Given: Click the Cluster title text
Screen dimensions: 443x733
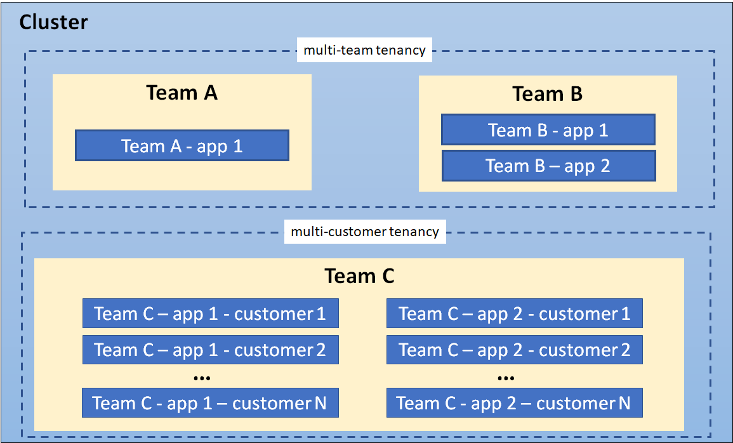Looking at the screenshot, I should point(53,23).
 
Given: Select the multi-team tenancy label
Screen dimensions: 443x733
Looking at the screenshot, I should point(364,50).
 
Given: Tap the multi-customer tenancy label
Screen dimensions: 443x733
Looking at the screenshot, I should point(364,232).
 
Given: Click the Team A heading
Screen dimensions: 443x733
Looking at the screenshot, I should point(182,93).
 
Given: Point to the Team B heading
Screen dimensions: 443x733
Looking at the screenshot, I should point(547,95).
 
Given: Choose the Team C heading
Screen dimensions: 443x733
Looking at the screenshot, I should point(359,276).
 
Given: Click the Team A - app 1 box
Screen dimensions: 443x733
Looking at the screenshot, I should point(182,146).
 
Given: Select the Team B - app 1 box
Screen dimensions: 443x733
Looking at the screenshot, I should point(548,130).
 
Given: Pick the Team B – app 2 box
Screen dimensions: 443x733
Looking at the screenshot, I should point(548,166).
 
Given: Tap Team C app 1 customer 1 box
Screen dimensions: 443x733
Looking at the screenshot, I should point(210,314).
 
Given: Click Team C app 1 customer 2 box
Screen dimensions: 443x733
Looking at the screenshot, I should point(210,350).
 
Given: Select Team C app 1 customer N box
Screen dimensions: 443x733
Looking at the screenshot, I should point(210,403).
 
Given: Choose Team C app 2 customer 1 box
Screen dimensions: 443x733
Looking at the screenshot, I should point(514,314).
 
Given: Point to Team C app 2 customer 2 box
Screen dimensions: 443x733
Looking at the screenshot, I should point(514,350).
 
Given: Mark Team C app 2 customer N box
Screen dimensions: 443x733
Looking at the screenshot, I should point(514,403).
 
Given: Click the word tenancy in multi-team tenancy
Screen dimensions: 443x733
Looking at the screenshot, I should point(400,50).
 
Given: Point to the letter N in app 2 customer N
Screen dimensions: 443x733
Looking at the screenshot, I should point(624,403).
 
